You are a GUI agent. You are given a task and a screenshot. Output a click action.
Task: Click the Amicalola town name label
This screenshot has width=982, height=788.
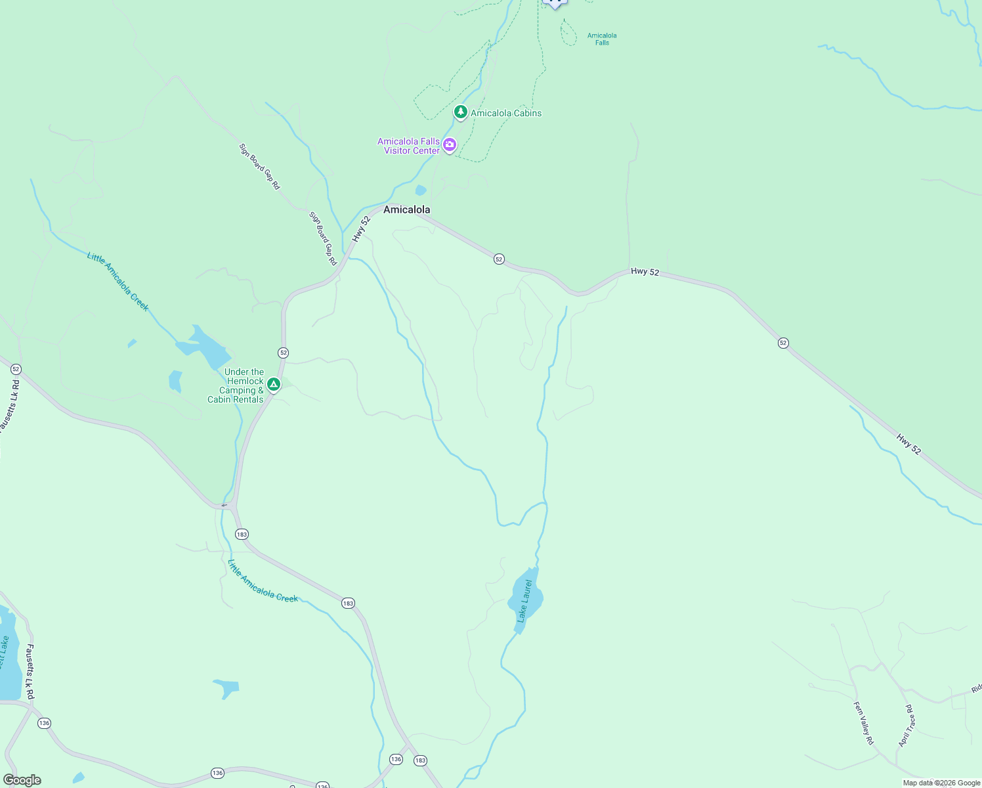[406, 209]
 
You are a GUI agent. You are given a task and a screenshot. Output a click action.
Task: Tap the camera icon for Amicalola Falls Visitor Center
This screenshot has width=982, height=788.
[450, 144]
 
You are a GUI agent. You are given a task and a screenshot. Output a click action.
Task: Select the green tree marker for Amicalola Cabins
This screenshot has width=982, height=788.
[461, 112]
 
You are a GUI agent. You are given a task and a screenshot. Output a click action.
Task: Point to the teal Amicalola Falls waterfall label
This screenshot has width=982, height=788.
[602, 39]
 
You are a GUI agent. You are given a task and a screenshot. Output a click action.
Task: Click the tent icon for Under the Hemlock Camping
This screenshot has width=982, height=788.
[274, 384]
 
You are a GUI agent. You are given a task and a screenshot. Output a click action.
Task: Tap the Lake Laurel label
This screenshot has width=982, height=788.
[524, 600]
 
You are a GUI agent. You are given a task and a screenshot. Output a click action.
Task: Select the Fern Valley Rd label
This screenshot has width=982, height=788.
[863, 723]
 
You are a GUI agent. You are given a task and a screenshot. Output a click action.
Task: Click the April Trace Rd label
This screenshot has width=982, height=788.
[907, 726]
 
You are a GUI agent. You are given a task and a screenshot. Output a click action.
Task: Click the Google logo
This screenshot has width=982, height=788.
[22, 779]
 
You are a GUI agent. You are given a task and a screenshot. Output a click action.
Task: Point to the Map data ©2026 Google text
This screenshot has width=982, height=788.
[941, 783]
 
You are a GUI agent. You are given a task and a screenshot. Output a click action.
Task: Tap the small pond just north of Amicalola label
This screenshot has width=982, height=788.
[420, 190]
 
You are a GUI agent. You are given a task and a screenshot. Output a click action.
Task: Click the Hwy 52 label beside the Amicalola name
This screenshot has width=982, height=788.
[361, 229]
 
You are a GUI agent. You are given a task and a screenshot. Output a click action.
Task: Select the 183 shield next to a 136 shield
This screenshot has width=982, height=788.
[420, 760]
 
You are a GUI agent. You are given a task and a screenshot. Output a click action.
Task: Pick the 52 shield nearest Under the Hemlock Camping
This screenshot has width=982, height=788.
[283, 353]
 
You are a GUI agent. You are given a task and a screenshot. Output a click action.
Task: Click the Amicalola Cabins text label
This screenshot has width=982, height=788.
[506, 113]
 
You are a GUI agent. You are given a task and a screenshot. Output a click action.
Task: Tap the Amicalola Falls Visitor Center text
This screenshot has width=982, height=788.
[408, 146]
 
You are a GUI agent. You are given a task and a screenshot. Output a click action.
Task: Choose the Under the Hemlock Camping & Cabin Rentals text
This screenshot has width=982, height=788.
[236, 385]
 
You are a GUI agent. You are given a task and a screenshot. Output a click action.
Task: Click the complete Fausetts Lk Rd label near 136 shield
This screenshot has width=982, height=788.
[30, 671]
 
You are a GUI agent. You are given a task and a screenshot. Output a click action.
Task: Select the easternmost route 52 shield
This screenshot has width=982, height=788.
[783, 343]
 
